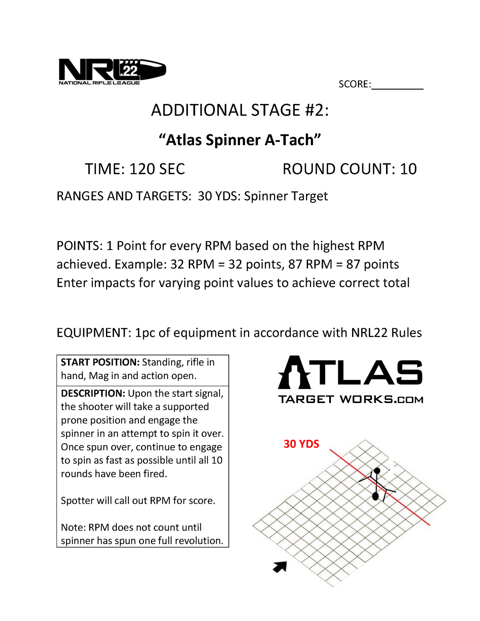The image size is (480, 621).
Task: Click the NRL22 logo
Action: point(112,72)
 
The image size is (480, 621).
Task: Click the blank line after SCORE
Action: point(397,85)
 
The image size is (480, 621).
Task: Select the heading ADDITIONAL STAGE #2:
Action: point(240,110)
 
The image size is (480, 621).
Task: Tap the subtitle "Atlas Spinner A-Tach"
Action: point(240,140)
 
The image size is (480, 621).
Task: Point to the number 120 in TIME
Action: point(142,169)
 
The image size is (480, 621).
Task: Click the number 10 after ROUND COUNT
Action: point(408,169)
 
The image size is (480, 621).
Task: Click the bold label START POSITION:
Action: point(100,362)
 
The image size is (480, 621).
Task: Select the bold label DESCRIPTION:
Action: point(93,393)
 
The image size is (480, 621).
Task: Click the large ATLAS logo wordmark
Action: point(350,372)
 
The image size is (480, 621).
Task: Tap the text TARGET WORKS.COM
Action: point(350,399)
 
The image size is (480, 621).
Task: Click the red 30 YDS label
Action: point(301,444)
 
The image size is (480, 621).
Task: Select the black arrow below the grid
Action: point(280,567)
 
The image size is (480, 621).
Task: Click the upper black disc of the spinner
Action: point(377,471)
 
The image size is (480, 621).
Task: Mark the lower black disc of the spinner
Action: point(376,496)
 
